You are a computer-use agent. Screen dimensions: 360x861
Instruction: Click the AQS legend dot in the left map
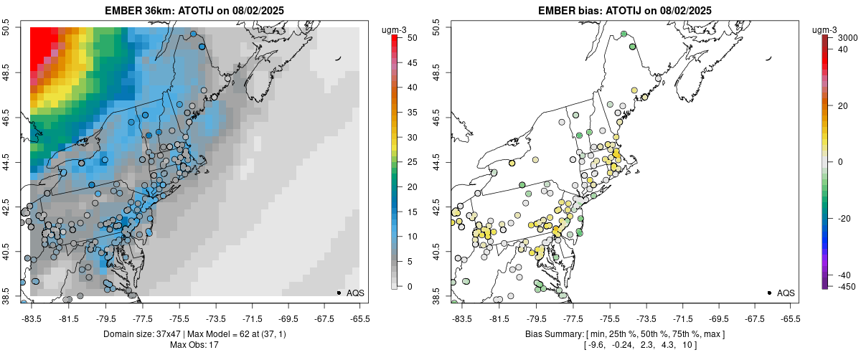pos(338,293)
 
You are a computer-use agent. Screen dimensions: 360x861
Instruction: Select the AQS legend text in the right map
pos(786,293)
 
